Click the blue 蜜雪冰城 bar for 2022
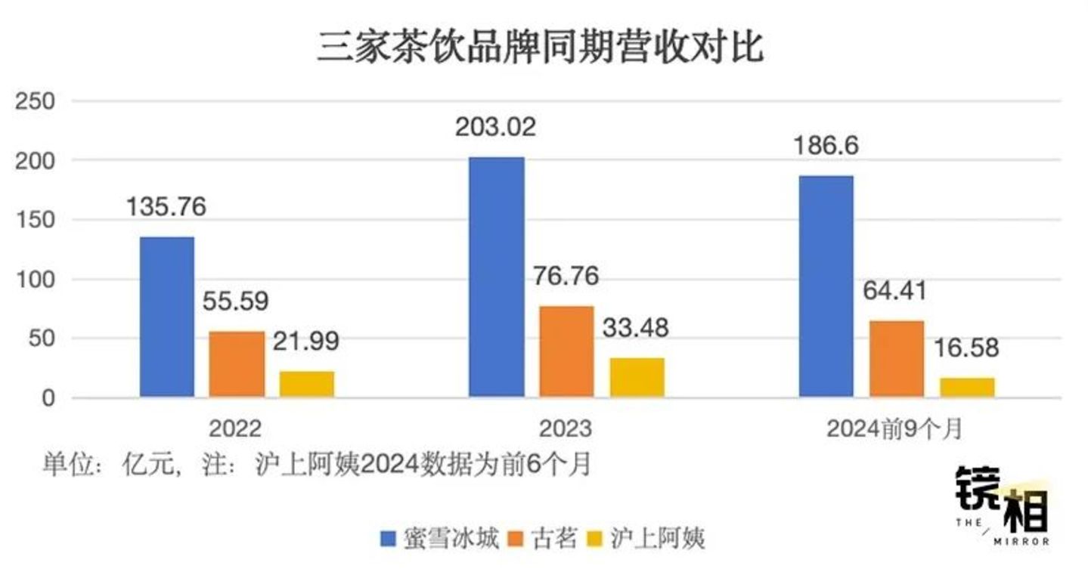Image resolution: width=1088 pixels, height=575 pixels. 166,317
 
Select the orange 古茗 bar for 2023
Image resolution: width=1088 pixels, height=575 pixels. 566,351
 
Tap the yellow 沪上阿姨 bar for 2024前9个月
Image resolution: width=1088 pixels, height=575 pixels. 967,387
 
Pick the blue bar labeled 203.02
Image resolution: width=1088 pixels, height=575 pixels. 496,277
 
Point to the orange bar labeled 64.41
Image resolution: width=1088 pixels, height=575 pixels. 897,359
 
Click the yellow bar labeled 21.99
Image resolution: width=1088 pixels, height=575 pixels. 306,384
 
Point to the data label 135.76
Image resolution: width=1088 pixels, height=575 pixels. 166,206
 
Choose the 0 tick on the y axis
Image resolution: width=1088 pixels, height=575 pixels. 47,398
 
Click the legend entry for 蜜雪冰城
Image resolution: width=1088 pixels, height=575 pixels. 439,539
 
